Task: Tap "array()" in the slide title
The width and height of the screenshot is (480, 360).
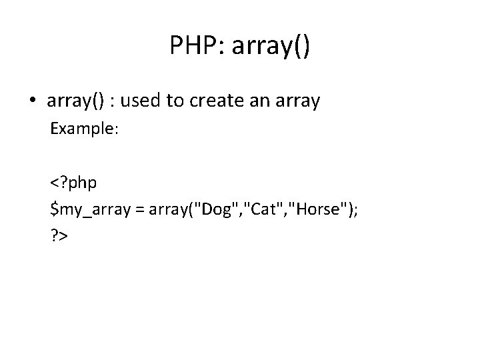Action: [x=269, y=47]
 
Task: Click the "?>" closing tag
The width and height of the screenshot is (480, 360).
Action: [x=60, y=236]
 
